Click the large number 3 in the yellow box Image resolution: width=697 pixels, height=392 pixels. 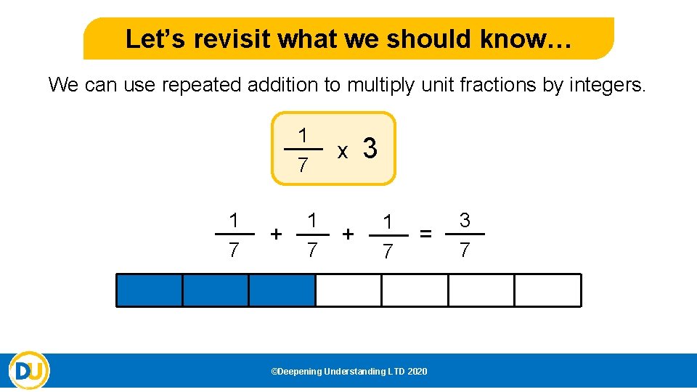point(370,149)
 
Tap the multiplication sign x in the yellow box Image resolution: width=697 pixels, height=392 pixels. point(343,151)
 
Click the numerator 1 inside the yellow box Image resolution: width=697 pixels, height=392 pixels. point(303,135)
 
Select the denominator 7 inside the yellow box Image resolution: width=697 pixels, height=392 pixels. point(303,166)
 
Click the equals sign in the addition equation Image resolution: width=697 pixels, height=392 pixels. point(427,233)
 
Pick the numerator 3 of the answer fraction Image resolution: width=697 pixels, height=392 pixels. point(465,219)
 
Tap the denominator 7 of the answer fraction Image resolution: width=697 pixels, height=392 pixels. point(465,250)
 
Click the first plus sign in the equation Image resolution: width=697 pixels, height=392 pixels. point(276,233)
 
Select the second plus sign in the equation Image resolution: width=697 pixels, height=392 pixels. point(348,233)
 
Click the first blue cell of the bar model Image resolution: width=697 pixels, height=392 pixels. point(150,290)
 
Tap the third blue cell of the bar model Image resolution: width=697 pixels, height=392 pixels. point(282,290)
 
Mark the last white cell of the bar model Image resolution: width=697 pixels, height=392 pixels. point(547,290)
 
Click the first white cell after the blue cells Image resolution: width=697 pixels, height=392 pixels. point(348,290)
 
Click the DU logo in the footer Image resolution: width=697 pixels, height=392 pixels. point(30,371)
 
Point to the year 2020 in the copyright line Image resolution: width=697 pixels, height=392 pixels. point(417,372)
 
